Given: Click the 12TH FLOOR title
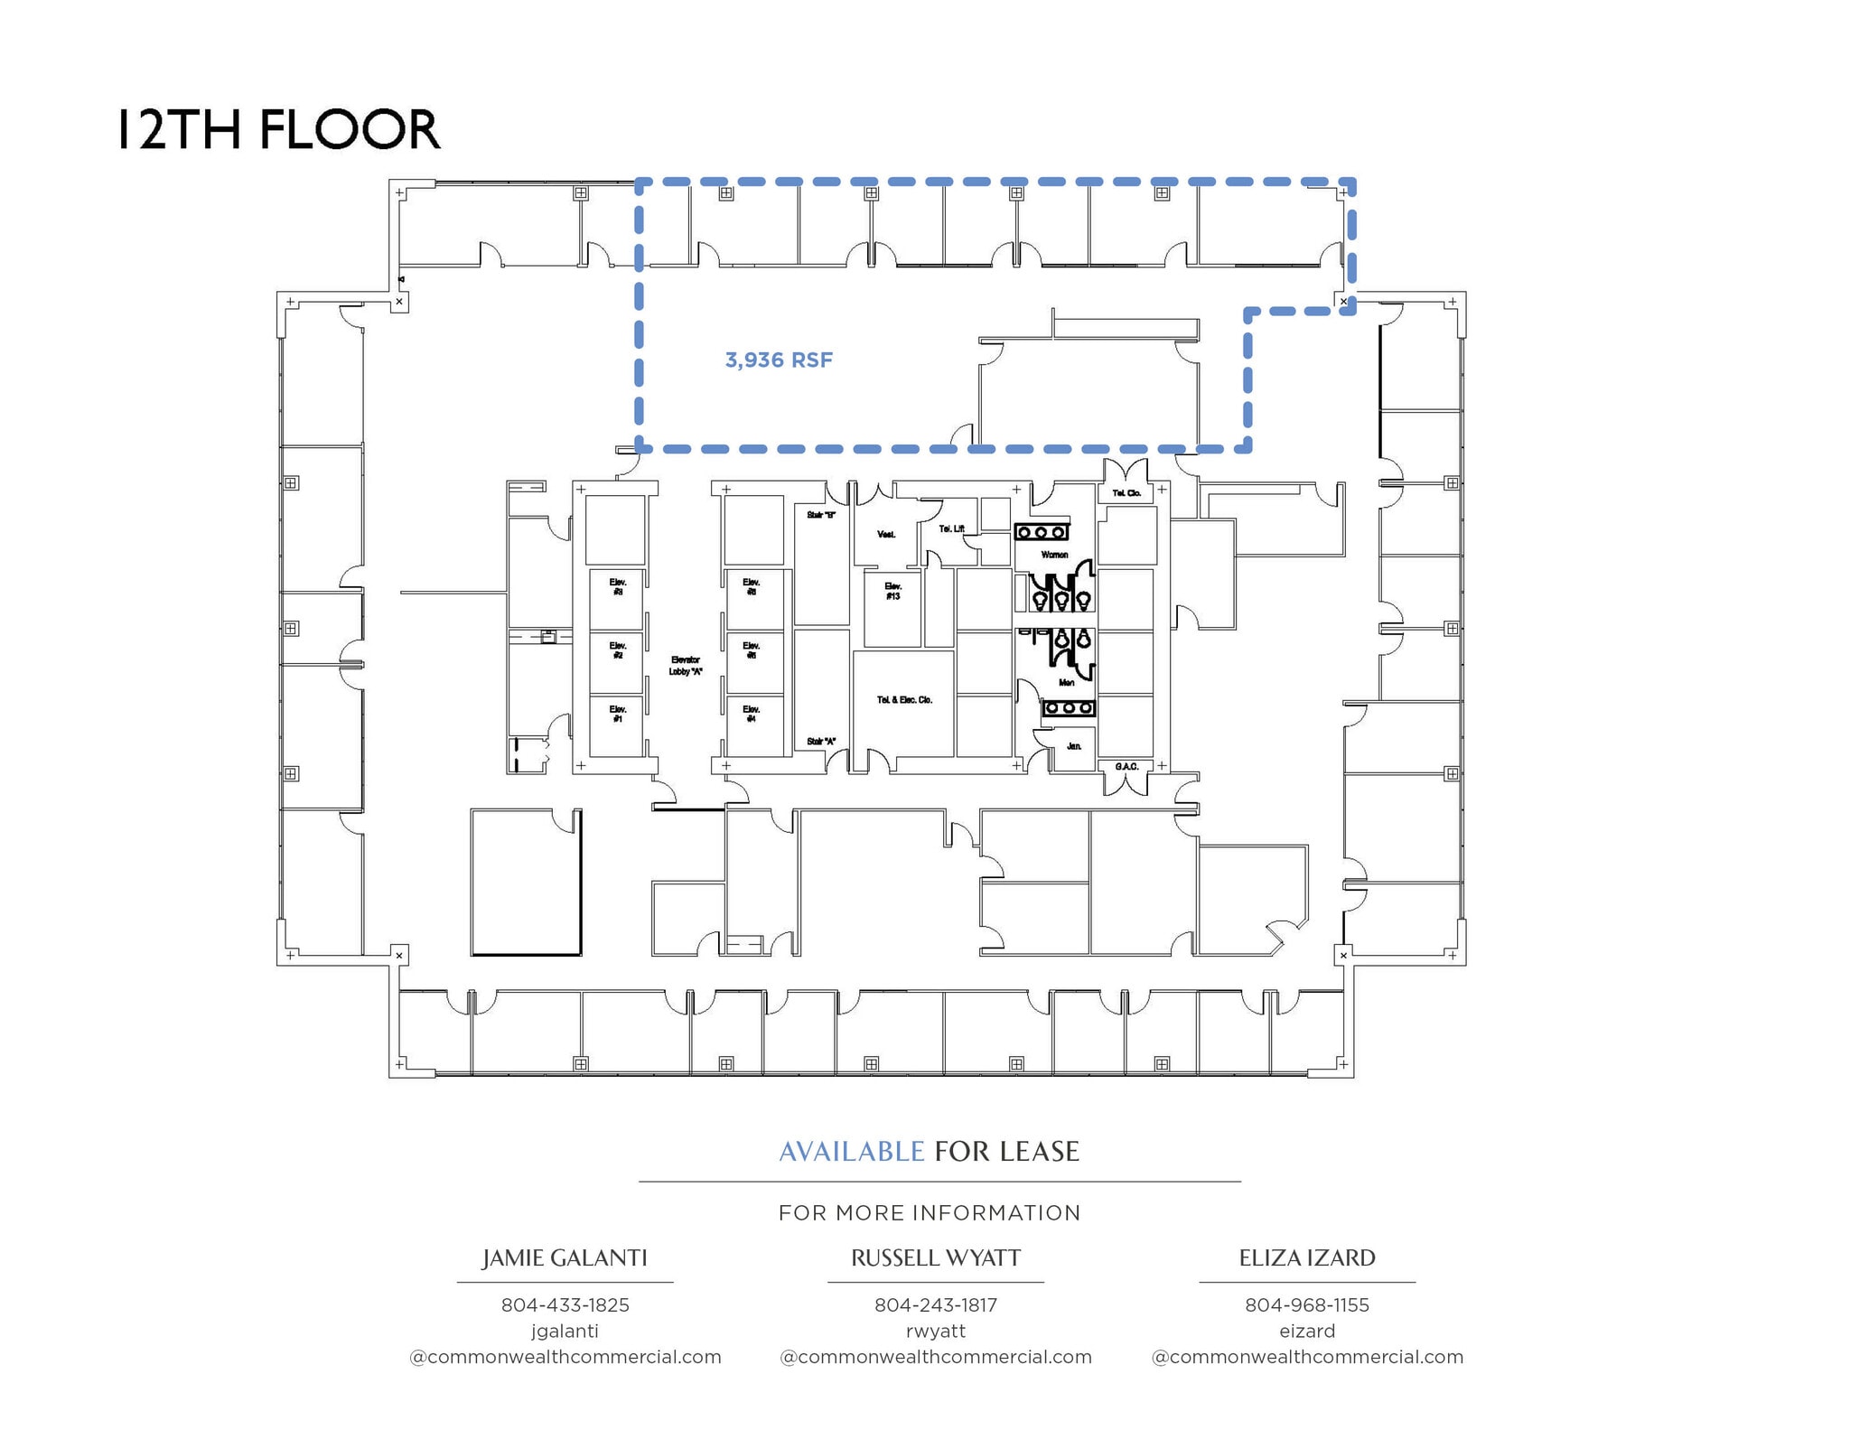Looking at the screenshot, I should tap(279, 129).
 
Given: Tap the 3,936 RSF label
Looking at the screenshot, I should tap(779, 360).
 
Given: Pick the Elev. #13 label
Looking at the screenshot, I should tap(892, 592).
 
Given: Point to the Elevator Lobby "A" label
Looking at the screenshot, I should tap(686, 666).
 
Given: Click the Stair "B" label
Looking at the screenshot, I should tap(820, 515).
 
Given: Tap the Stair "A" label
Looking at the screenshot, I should tap(820, 742).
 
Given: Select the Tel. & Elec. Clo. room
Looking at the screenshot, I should tap(904, 700).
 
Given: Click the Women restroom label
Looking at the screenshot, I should tap(1054, 555).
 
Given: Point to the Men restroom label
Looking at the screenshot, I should tap(1066, 683).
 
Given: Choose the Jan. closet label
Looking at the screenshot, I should tap(1073, 746).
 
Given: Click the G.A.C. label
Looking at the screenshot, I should tap(1126, 767).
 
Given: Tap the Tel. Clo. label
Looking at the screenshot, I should tap(1126, 493).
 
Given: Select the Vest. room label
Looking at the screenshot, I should tap(886, 535).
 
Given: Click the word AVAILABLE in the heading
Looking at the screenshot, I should tap(851, 1152).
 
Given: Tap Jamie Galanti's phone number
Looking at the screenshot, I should tap(565, 1305).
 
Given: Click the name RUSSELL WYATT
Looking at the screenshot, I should tap(936, 1258).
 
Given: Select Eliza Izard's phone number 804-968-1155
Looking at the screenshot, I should tap(1306, 1305).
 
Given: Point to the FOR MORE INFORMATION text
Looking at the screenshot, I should tap(930, 1213).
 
